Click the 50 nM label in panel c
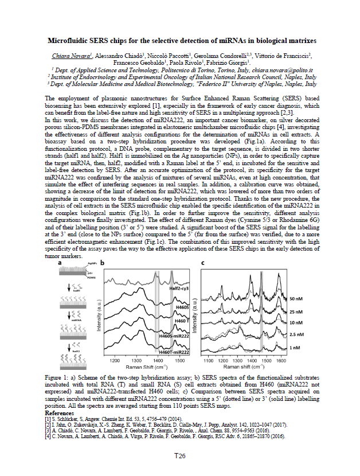tap(295, 299)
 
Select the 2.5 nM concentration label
tap(296, 334)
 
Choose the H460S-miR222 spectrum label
tap(173, 334)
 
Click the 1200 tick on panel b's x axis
tap(115, 361)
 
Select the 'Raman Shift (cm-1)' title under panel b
tap(146, 367)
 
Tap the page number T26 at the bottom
tap(179, 455)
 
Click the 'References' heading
tap(59, 412)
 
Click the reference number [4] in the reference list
tap(48, 434)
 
